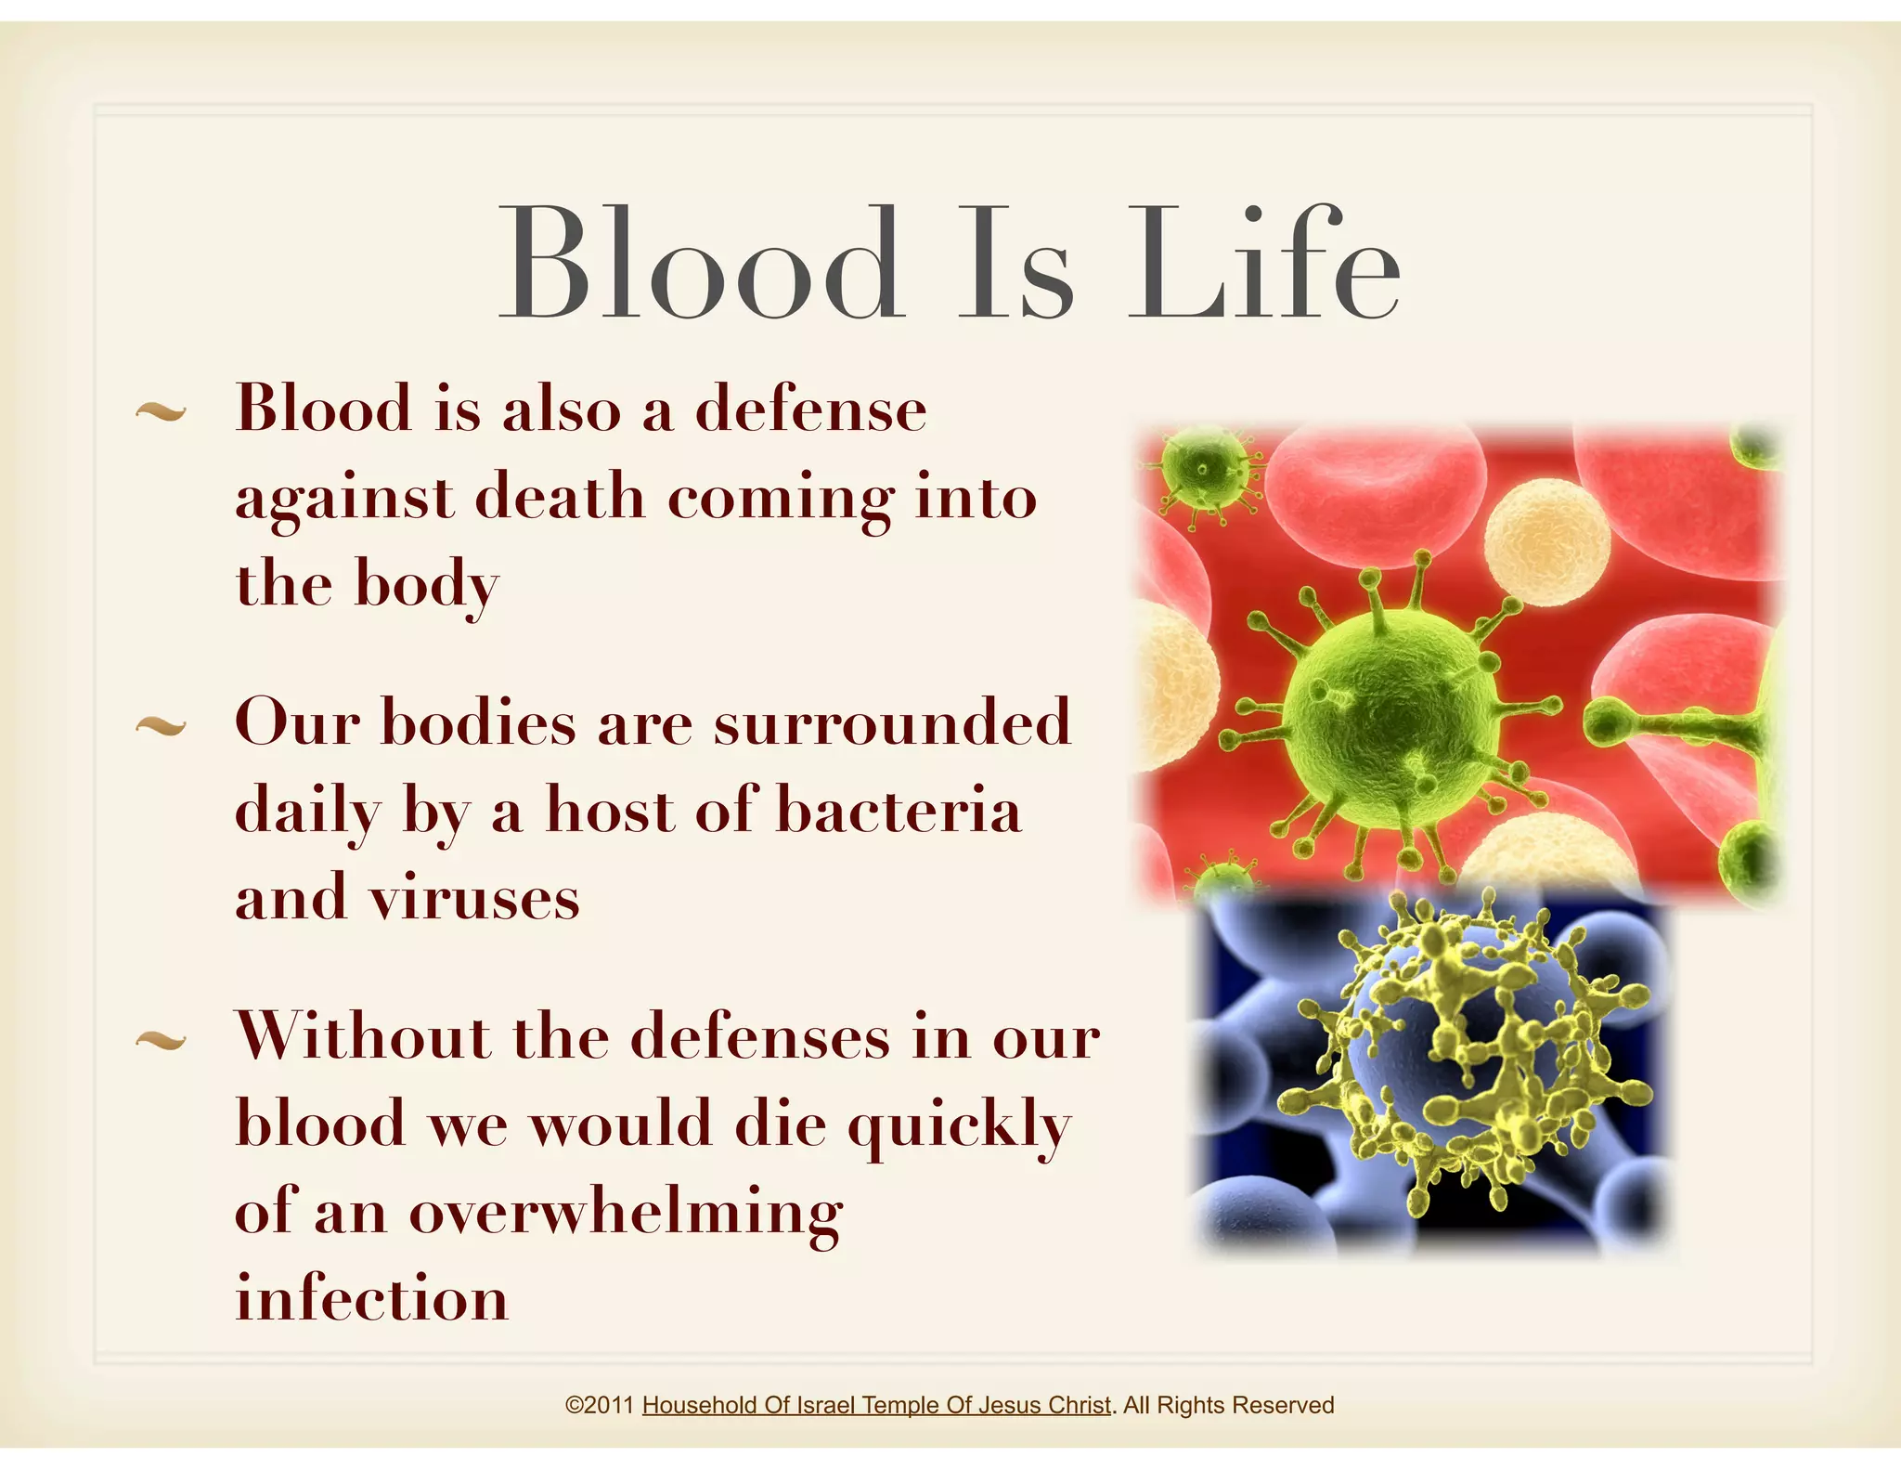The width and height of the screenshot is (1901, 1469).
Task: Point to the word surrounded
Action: (x=892, y=722)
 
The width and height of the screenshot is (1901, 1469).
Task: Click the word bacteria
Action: (x=898, y=810)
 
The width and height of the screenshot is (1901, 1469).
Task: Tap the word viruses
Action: (x=474, y=898)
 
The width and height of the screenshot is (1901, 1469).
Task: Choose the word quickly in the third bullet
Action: (x=960, y=1124)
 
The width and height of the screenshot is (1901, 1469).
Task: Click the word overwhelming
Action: (x=626, y=1212)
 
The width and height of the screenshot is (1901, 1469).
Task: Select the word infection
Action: (x=372, y=1298)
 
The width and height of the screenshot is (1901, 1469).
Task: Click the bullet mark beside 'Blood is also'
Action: (x=161, y=411)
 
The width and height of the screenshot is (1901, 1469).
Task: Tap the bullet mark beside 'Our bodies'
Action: (x=161, y=726)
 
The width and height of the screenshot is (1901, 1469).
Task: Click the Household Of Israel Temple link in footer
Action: (x=875, y=1405)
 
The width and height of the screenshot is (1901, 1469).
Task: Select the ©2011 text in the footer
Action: (x=599, y=1405)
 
